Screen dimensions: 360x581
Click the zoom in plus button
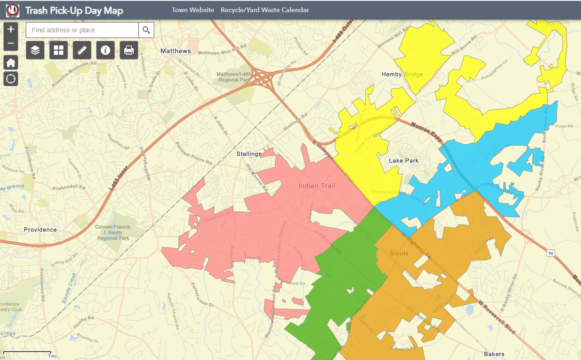(x=11, y=29)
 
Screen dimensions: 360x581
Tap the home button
(x=11, y=63)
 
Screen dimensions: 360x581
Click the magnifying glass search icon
(x=146, y=30)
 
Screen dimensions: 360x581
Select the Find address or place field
(x=83, y=30)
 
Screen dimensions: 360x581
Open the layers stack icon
(x=35, y=50)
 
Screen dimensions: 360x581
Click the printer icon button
(x=129, y=50)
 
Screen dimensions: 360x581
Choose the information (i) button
(x=106, y=50)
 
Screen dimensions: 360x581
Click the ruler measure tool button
(x=82, y=50)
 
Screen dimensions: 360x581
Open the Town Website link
(x=193, y=10)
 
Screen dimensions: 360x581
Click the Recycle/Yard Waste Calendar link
(x=265, y=10)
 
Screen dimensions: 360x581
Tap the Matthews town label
(x=176, y=51)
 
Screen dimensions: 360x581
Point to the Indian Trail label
(x=317, y=186)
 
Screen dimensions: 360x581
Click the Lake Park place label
(x=404, y=161)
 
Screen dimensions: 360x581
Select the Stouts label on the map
(x=399, y=253)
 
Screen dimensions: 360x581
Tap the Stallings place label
(x=249, y=154)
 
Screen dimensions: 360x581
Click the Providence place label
(x=40, y=230)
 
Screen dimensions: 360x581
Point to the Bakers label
(x=494, y=354)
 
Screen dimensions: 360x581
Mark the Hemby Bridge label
(x=402, y=75)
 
